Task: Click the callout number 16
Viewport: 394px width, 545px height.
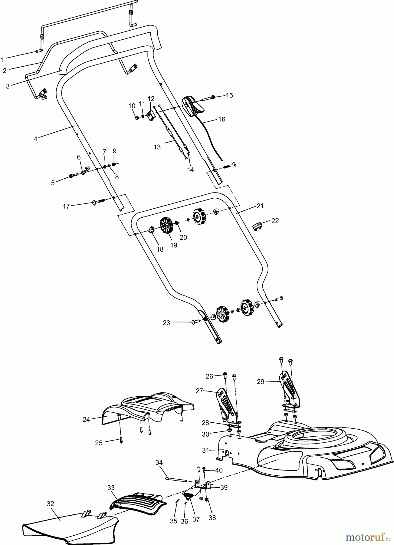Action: (222, 119)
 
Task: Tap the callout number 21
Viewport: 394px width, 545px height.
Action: (260, 206)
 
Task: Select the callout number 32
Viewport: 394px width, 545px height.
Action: (50, 504)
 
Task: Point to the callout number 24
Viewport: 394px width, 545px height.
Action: (86, 420)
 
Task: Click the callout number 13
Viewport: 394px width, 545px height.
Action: (157, 147)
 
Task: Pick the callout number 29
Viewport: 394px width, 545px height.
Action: (261, 381)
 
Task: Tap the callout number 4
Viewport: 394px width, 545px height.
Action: (35, 139)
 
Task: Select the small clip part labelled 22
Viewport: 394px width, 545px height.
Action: (257, 226)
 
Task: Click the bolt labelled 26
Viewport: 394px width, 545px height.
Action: (225, 376)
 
